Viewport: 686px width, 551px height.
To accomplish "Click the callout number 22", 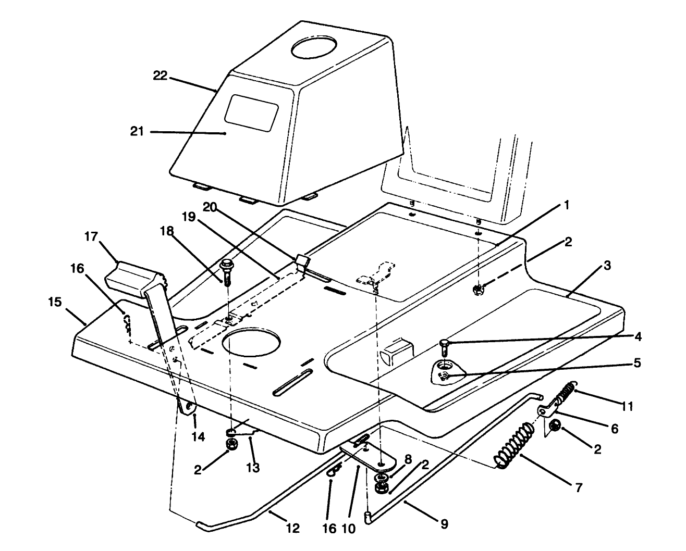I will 160,76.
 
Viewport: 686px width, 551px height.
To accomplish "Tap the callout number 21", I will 137,132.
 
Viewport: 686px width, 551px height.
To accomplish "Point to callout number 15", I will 55,302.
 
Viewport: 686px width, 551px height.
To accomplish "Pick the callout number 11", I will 628,406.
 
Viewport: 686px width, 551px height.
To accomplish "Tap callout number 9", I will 444,524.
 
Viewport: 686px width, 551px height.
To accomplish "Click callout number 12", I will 293,529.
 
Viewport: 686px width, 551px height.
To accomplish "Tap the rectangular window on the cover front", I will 251,112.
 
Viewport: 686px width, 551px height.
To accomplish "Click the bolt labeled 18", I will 228,271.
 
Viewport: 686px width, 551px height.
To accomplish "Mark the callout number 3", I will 607,265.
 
